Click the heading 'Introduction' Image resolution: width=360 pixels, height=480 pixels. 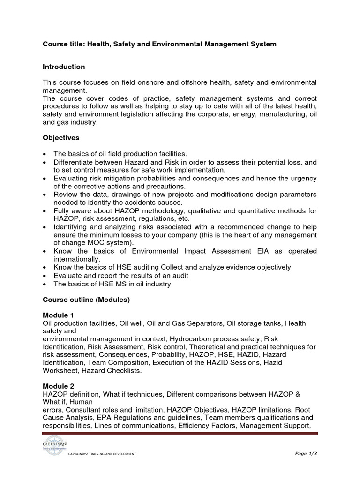pos(64,67)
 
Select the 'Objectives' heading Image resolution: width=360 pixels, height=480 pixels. pos(61,138)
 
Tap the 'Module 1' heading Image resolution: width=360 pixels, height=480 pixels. pos(58,315)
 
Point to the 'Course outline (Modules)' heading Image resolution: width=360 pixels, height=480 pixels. pos(86,300)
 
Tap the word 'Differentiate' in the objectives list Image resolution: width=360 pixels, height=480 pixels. pos(75,162)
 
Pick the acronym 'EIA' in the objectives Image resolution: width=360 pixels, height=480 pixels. pos(262,251)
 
